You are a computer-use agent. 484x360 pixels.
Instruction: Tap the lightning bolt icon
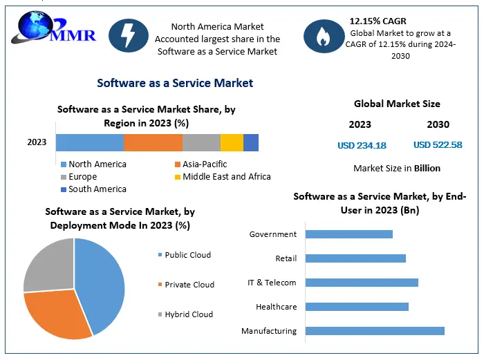point(129,35)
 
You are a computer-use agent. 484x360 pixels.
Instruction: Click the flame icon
point(324,36)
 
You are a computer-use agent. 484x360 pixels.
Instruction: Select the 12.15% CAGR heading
point(378,21)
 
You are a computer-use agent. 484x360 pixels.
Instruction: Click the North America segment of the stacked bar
point(89,142)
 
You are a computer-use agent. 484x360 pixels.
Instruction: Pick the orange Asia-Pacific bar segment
point(153,142)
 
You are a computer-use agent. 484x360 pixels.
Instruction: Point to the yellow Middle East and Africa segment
point(232,142)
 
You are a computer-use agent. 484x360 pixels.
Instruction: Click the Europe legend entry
point(82,177)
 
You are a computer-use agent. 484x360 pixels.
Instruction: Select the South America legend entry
point(97,189)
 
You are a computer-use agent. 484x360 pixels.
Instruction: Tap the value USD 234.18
point(362,145)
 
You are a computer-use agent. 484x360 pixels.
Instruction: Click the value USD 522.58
point(438,145)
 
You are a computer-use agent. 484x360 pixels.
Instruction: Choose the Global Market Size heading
point(397,104)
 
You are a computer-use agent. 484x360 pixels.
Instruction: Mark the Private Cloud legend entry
point(189,285)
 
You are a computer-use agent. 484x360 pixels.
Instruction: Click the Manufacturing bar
point(374,331)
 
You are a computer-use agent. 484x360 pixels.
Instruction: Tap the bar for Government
point(348,234)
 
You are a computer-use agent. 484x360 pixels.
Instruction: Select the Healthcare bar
point(356,307)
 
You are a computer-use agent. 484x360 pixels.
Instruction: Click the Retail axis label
point(286,258)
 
